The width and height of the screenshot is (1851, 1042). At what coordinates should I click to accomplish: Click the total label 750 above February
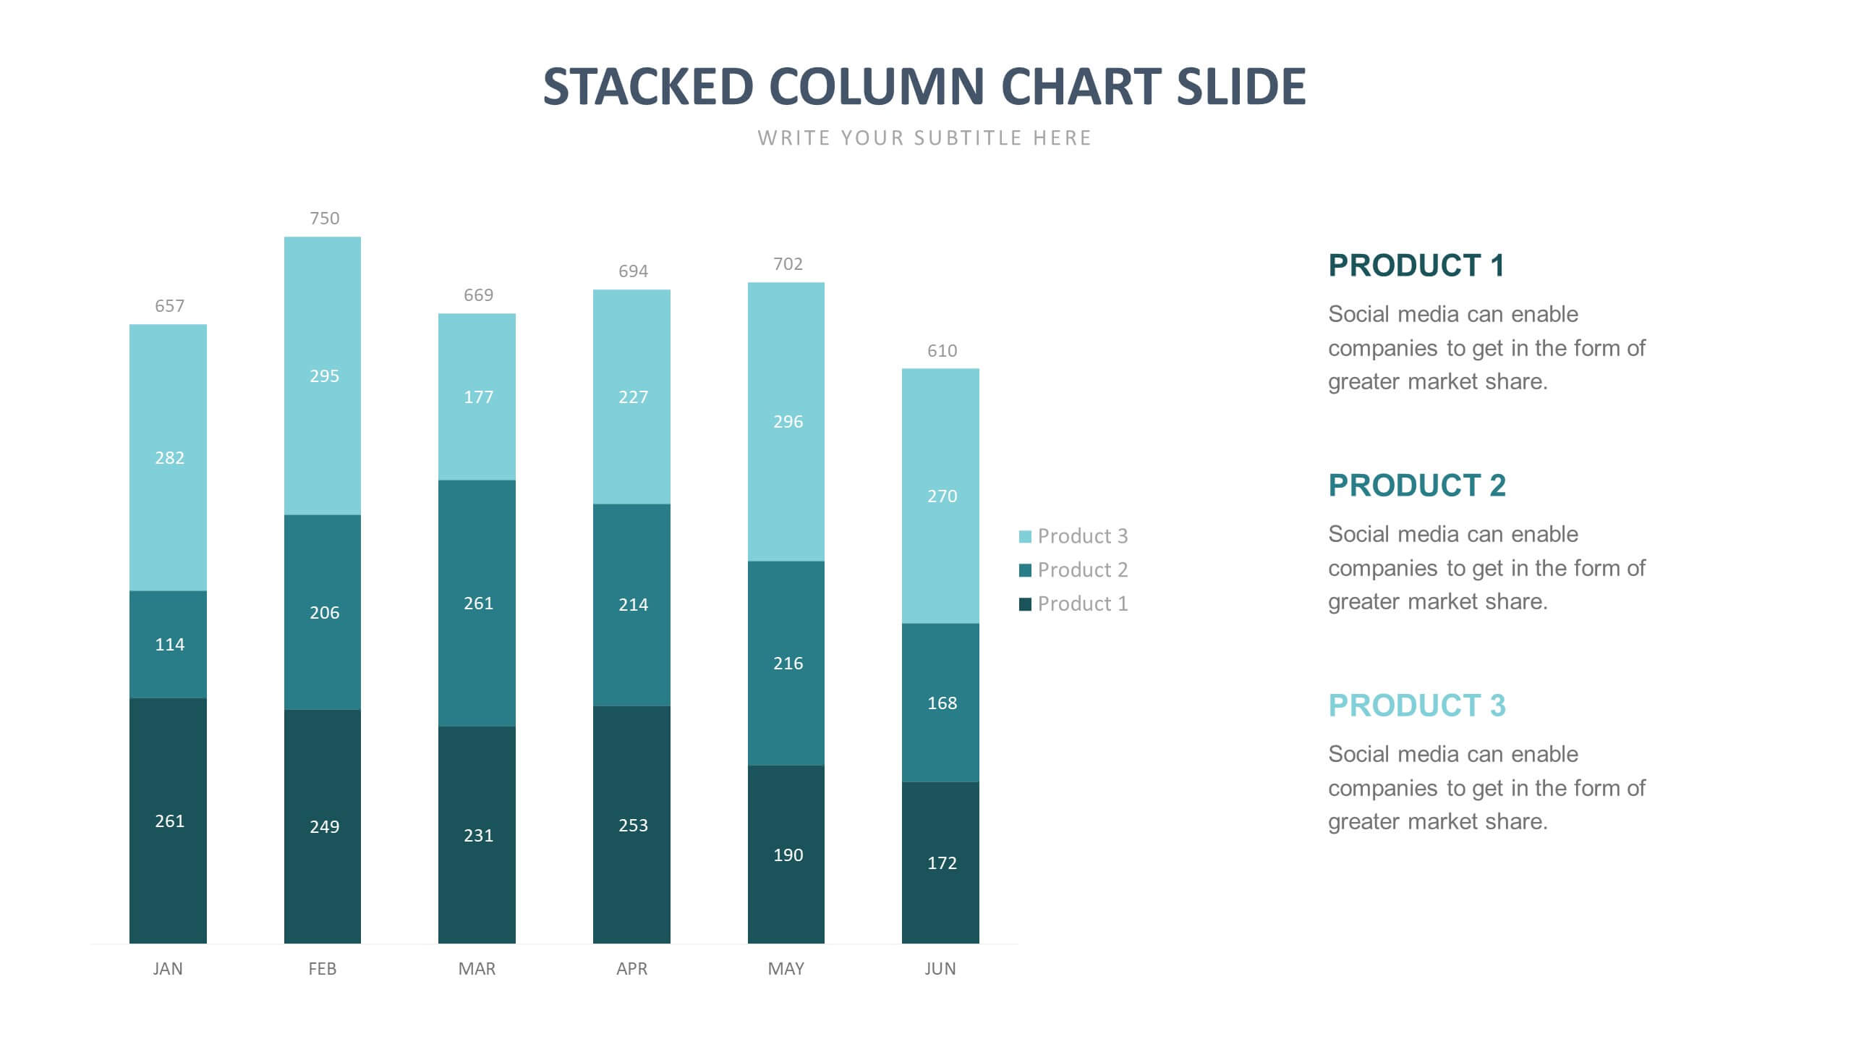(x=324, y=219)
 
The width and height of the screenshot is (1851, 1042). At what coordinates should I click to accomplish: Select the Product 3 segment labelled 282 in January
(x=169, y=457)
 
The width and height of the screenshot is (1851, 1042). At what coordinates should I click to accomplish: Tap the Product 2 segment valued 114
(x=169, y=644)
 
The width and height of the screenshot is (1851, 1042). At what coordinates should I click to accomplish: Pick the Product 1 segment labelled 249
(x=323, y=826)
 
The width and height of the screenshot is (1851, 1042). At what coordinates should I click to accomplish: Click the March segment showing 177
(x=477, y=397)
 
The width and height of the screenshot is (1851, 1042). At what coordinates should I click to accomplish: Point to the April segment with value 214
(x=632, y=604)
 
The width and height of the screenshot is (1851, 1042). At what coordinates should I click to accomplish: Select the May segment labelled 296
(x=786, y=421)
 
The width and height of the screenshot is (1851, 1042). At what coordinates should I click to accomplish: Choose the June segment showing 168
(x=941, y=703)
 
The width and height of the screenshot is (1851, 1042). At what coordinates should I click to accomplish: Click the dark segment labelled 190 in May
(x=786, y=855)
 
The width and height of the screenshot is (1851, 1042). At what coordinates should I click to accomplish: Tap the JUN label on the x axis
(x=940, y=969)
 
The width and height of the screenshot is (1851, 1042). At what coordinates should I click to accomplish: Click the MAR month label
(x=477, y=969)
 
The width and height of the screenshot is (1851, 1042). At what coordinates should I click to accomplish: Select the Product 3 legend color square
(x=1025, y=537)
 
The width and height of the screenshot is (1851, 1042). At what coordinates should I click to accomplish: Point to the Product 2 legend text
(x=1082, y=570)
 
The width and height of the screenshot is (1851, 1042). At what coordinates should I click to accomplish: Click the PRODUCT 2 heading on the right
(x=1416, y=486)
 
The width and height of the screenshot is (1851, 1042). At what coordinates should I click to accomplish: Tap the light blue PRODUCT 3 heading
(x=1416, y=706)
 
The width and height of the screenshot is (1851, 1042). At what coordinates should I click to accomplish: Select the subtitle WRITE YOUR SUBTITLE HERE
(x=924, y=138)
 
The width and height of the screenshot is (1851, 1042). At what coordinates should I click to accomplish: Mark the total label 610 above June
(x=942, y=351)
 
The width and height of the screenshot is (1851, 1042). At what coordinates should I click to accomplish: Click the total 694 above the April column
(x=633, y=271)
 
